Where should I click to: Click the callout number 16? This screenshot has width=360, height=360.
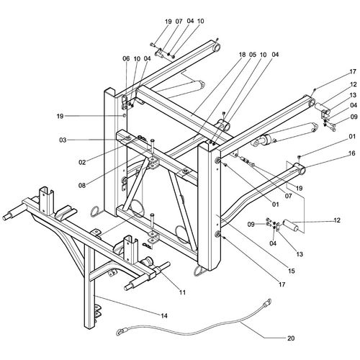332,153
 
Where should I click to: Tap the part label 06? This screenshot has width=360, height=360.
125,58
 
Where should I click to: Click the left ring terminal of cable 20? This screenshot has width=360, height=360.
120,333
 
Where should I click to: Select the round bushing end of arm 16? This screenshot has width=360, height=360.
300,172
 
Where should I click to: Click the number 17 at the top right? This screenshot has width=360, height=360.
332,72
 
